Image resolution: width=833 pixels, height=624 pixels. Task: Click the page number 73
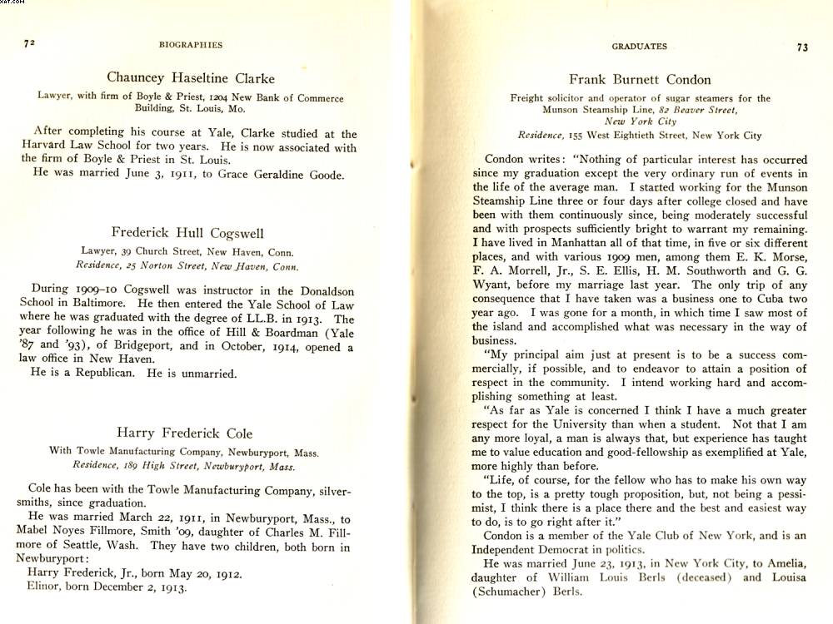point(802,47)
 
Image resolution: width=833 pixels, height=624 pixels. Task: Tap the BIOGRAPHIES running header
point(191,45)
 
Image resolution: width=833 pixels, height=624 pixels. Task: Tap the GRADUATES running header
point(640,47)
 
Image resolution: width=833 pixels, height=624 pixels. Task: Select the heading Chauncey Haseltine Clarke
point(191,79)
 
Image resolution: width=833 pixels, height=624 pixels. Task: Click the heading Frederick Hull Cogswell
point(187,233)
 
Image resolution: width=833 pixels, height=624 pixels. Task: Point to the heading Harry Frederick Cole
point(184,433)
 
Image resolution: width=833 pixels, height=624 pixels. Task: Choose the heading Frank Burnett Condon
point(640,80)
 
